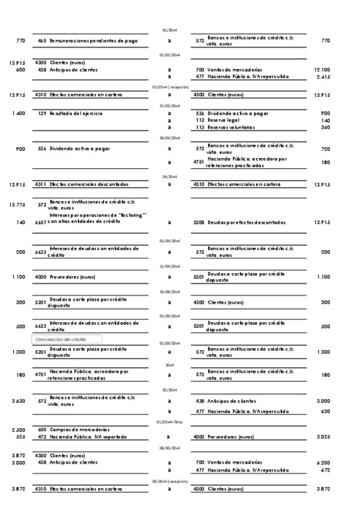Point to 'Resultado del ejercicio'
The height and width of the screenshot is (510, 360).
[76, 113]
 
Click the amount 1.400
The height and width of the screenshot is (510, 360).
[18, 113]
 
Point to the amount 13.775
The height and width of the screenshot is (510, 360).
[17, 205]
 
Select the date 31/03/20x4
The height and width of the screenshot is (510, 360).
[169, 105]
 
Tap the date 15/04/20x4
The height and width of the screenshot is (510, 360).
[169, 266]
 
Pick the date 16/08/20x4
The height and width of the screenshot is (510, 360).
[169, 291]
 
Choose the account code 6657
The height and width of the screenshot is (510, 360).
[41, 223]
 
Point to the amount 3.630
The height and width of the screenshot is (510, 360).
[17, 401]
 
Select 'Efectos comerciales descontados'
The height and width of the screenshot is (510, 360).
[88, 184]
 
